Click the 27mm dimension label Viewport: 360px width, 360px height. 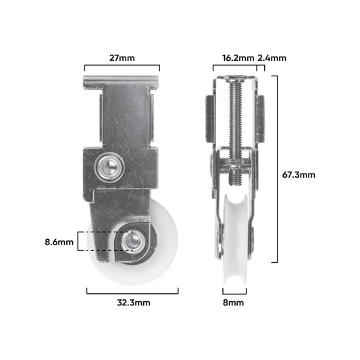[x=122, y=58]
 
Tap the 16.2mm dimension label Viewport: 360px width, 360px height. [x=238, y=58]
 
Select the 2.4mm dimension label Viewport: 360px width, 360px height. [x=272, y=58]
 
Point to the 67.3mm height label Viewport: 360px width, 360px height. [x=299, y=175]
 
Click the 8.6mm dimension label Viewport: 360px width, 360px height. [x=59, y=242]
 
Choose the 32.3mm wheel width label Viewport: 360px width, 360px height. [x=134, y=303]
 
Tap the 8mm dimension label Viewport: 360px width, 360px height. [x=233, y=303]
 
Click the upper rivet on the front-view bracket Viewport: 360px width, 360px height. [x=109, y=165]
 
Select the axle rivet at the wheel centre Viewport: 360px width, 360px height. [x=132, y=241]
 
